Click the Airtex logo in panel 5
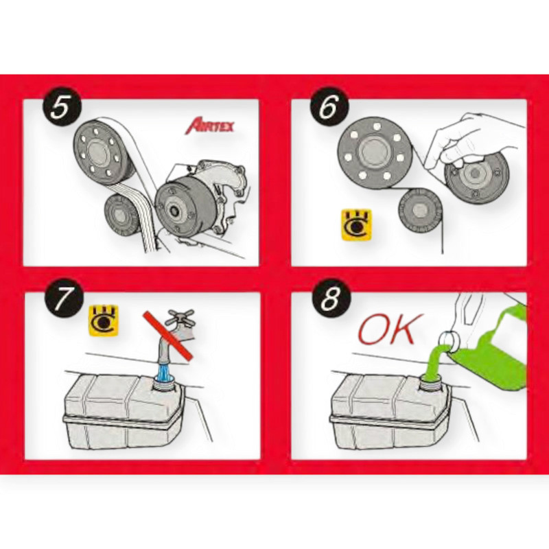[x=209, y=126]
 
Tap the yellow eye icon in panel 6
[x=356, y=225]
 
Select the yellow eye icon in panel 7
[x=104, y=320]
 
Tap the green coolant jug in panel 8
[x=490, y=345]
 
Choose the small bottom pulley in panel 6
[x=419, y=210]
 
